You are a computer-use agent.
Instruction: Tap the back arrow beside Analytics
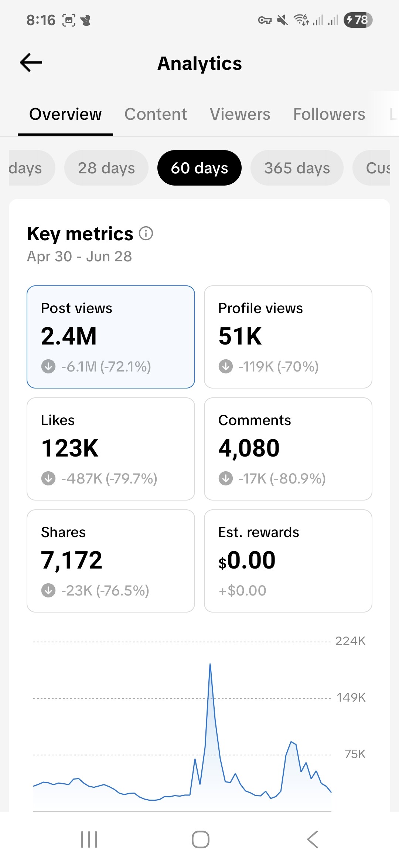tap(31, 62)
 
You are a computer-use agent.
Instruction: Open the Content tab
tap(156, 114)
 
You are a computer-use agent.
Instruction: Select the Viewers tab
tap(240, 114)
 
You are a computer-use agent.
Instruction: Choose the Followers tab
tap(329, 114)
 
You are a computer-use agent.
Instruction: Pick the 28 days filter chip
tap(106, 168)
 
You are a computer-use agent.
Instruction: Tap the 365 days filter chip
tap(297, 168)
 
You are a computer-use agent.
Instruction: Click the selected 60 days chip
tap(199, 168)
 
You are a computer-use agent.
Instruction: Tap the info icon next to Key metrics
tap(146, 234)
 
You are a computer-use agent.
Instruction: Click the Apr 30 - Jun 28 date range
tap(79, 257)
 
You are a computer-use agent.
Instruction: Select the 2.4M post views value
tap(69, 336)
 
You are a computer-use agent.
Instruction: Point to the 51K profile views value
tap(240, 336)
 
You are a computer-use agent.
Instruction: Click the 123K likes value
tap(70, 448)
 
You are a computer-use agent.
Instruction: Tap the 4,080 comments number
tap(249, 448)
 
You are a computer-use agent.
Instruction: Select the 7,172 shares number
tap(71, 560)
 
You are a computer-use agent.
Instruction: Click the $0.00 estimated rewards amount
tap(247, 560)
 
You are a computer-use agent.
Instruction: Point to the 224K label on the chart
tap(350, 641)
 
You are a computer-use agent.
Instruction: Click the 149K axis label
tap(351, 698)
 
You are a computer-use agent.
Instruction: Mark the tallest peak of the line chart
tap(210, 664)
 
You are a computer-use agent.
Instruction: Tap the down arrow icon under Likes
tap(48, 479)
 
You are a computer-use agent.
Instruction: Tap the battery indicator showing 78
tap(358, 20)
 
